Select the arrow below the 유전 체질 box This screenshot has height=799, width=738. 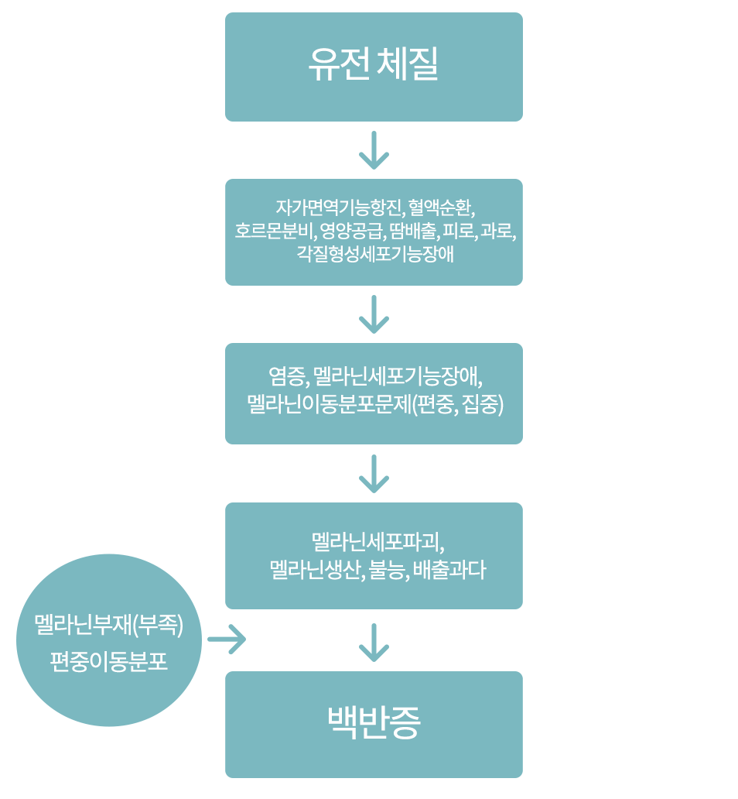click(x=374, y=150)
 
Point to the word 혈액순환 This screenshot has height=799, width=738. click(x=440, y=207)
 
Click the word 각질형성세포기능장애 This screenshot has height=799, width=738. click(x=374, y=253)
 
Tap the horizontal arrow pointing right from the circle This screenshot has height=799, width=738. click(x=227, y=640)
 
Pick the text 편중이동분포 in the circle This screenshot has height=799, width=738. click(x=109, y=662)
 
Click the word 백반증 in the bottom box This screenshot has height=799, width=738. click(x=374, y=723)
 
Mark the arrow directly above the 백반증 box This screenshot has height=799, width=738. click(x=374, y=643)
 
